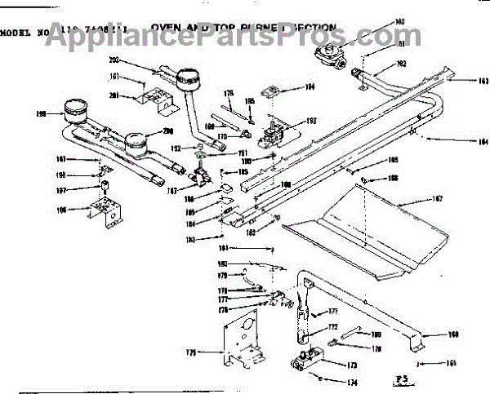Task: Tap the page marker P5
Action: click(399, 378)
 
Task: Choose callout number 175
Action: click(191, 352)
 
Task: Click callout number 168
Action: click(453, 334)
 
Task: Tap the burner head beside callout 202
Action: click(189, 79)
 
